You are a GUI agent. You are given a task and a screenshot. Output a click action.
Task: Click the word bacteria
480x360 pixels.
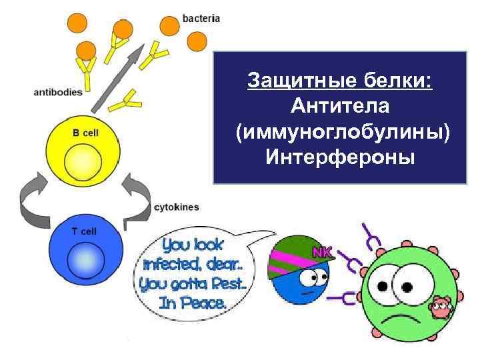click(201, 19)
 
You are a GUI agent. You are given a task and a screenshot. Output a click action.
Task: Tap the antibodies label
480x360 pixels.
click(58, 93)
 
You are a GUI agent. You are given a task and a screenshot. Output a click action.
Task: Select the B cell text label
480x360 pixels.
click(85, 133)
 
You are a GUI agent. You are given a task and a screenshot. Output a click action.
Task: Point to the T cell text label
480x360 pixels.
click(85, 231)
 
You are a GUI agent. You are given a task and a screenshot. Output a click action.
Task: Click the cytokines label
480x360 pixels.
click(176, 207)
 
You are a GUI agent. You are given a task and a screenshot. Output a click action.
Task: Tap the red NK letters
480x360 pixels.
click(323, 252)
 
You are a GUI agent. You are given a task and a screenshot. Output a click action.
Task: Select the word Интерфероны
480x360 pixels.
click(340, 157)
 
